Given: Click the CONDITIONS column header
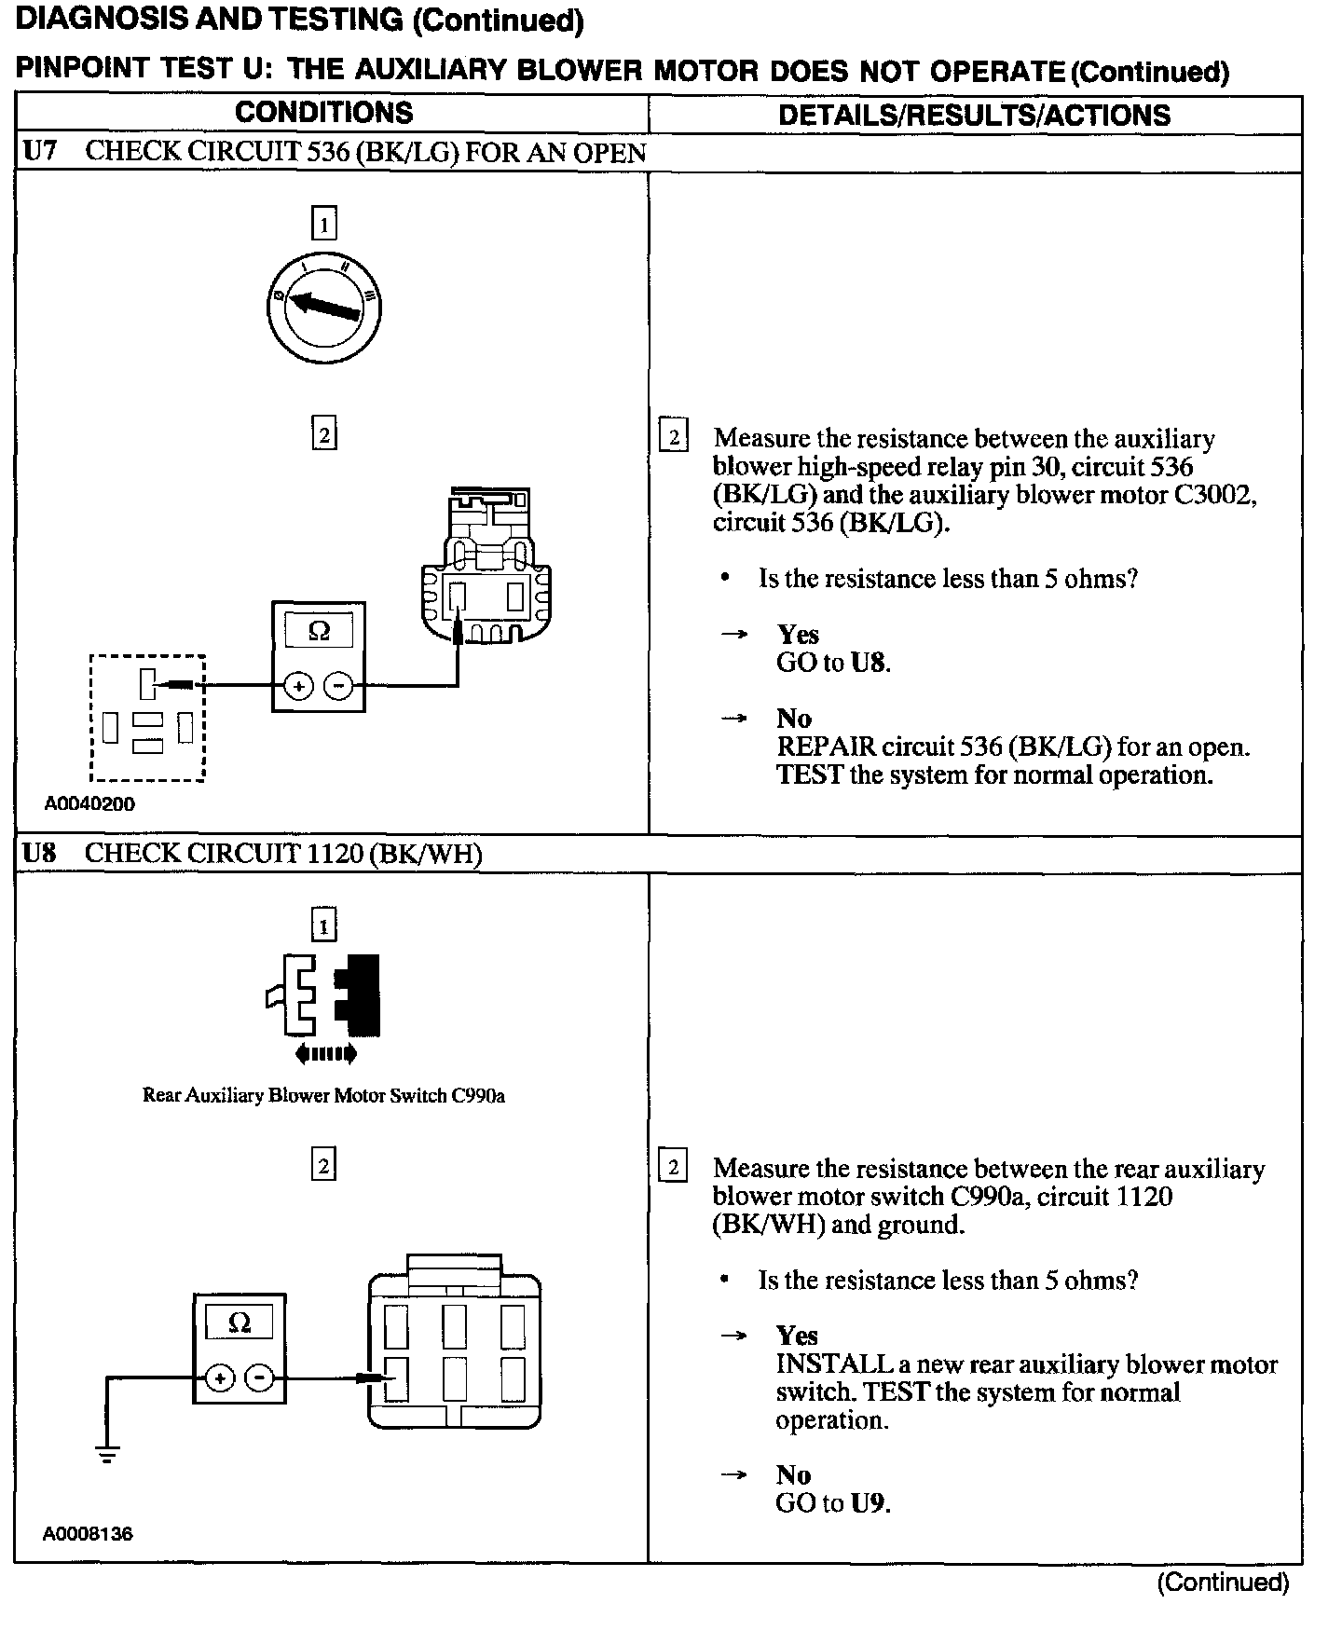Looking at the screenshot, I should pyautogui.click(x=323, y=113).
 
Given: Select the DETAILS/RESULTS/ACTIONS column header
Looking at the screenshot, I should pyautogui.click(x=974, y=116).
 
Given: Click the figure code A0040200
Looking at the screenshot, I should pyautogui.click(x=89, y=803).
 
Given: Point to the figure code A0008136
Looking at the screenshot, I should pyautogui.click(x=88, y=1533).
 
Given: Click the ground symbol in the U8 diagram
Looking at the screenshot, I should pyautogui.click(x=107, y=1453).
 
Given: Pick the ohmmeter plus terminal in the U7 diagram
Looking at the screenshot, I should pyautogui.click(x=298, y=687).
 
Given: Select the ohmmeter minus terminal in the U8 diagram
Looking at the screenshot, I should pyautogui.click(x=261, y=1377).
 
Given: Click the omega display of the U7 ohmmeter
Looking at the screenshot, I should pyautogui.click(x=319, y=631).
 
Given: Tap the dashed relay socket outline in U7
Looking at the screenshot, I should pyautogui.click(x=147, y=717).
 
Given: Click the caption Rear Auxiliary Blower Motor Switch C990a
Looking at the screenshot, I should pyautogui.click(x=323, y=1095).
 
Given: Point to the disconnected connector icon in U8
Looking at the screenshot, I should pyautogui.click(x=323, y=995).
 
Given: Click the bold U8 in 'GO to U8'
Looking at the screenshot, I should pyautogui.click(x=868, y=663).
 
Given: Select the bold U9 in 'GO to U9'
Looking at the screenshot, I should pyautogui.click(x=868, y=1502).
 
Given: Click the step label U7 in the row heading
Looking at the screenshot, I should pyautogui.click(x=40, y=152).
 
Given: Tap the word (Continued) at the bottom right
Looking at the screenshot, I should pyautogui.click(x=1223, y=1582).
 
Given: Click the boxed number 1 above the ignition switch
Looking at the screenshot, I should pyautogui.click(x=323, y=224).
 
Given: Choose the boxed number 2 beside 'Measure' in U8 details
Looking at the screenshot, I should pyautogui.click(x=673, y=1167).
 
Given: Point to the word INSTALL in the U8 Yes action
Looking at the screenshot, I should pyautogui.click(x=834, y=1364).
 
